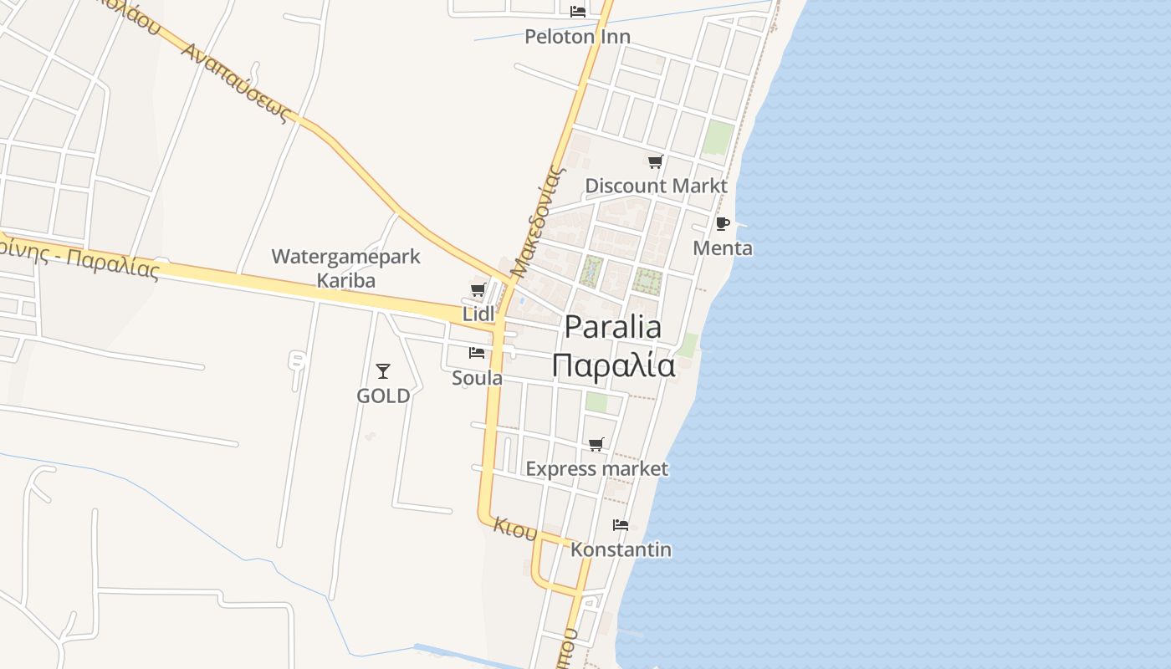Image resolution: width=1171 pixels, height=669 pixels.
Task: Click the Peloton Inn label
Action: (577, 37)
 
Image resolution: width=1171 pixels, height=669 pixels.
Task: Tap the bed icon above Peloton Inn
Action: (577, 11)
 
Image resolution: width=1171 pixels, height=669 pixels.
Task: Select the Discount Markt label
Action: (656, 186)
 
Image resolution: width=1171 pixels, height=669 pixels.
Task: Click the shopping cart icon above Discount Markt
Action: (656, 162)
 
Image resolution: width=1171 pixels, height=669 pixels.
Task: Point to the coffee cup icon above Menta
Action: (723, 224)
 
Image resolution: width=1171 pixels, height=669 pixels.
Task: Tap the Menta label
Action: (723, 248)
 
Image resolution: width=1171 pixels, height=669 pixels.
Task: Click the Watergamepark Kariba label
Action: (345, 268)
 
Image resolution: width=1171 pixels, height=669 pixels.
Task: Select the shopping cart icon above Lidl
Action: (478, 290)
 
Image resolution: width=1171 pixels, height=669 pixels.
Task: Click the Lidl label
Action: (478, 314)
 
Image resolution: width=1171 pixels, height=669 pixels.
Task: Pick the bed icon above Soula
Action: (477, 353)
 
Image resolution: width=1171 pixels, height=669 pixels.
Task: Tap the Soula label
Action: (477, 378)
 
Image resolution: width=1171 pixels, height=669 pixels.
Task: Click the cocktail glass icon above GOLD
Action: (383, 370)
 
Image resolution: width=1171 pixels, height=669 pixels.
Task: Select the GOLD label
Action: (383, 396)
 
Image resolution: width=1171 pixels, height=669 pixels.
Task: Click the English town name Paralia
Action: (613, 327)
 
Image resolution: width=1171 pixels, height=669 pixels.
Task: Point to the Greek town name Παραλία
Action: (613, 365)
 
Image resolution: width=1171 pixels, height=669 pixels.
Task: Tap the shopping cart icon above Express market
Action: (596, 445)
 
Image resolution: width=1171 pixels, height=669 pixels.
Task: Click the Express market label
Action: (596, 469)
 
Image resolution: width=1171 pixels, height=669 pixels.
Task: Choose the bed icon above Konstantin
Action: (621, 525)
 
